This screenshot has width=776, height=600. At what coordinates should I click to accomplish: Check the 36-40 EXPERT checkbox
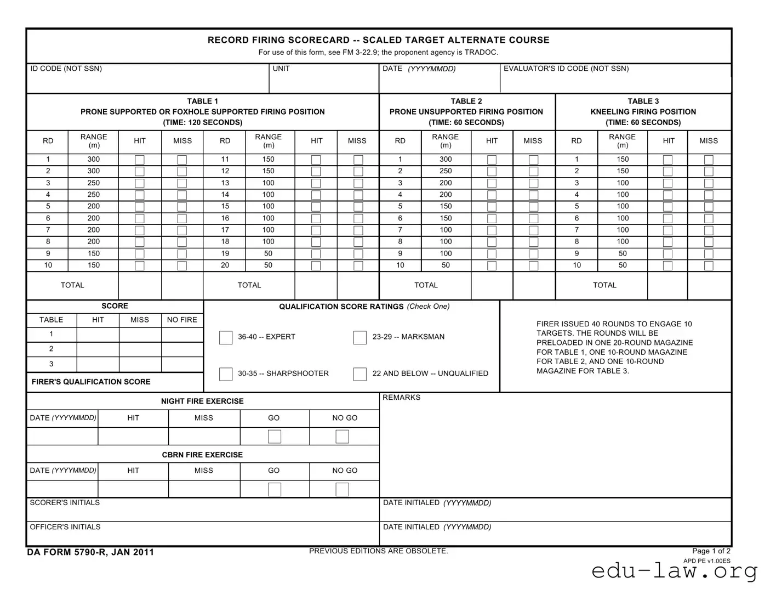(x=226, y=337)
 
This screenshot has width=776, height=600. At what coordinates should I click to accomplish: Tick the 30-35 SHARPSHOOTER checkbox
(x=226, y=374)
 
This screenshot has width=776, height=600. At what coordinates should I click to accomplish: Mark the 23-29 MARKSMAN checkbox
(x=360, y=337)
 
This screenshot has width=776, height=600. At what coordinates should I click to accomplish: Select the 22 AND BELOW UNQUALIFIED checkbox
(x=360, y=374)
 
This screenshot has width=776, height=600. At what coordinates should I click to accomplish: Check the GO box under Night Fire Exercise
(x=275, y=437)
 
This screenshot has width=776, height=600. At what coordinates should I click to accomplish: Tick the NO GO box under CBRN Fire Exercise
(x=342, y=489)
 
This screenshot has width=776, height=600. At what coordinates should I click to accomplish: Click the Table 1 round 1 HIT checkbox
(x=140, y=160)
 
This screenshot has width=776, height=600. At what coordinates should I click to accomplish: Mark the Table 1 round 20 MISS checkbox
(x=358, y=265)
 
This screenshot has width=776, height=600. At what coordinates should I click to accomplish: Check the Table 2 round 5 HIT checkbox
(x=492, y=207)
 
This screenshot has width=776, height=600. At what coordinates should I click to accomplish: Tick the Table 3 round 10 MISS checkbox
(x=709, y=265)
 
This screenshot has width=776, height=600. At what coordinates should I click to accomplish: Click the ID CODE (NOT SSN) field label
(x=66, y=69)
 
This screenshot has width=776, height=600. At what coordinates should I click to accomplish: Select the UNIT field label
(x=281, y=69)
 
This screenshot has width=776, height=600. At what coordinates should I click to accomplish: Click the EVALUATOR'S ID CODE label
(x=566, y=69)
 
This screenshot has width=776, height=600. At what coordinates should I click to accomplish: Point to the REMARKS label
(x=401, y=398)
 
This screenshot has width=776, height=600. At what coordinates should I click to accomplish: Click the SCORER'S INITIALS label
(x=65, y=502)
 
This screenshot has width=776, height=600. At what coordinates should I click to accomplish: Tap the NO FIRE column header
(x=182, y=320)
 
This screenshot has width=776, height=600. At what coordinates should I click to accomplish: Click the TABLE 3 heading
(x=643, y=101)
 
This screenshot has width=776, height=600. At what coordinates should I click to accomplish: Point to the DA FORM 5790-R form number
(x=90, y=552)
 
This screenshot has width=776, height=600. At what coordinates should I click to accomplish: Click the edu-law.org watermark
(x=674, y=571)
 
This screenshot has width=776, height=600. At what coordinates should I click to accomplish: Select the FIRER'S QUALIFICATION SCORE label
(x=91, y=382)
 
